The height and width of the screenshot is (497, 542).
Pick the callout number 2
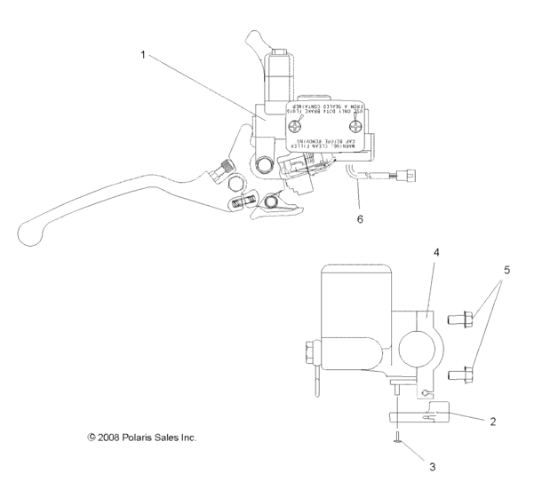pos(492,422)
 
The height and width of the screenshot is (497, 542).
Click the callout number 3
pos(410,464)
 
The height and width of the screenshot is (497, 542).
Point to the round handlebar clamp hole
pos(413,345)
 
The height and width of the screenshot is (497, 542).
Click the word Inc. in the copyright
pos(184,438)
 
